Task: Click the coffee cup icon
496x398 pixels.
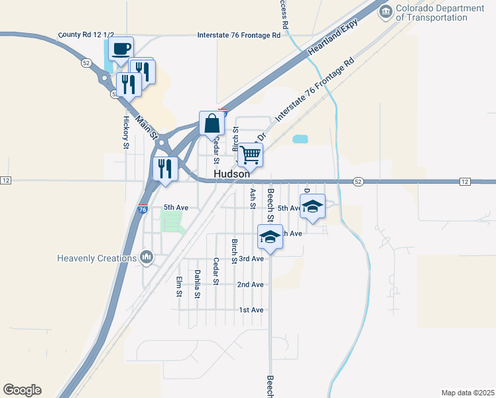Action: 121,48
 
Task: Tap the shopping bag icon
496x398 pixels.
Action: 212,123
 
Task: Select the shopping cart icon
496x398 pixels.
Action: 251,155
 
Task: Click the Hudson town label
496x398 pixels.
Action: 231,173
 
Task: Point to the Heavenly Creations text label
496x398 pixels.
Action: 96,257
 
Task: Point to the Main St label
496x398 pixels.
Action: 147,127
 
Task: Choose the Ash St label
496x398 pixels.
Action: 253,198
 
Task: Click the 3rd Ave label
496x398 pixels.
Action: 251,259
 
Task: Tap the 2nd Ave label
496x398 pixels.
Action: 251,285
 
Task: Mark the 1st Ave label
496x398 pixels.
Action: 251,310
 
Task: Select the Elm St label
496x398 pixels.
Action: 179,287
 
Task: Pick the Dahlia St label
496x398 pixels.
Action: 197,284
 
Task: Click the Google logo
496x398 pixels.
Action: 22,389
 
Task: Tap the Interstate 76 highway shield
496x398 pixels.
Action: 143,209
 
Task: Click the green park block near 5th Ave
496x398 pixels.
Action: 172,222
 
